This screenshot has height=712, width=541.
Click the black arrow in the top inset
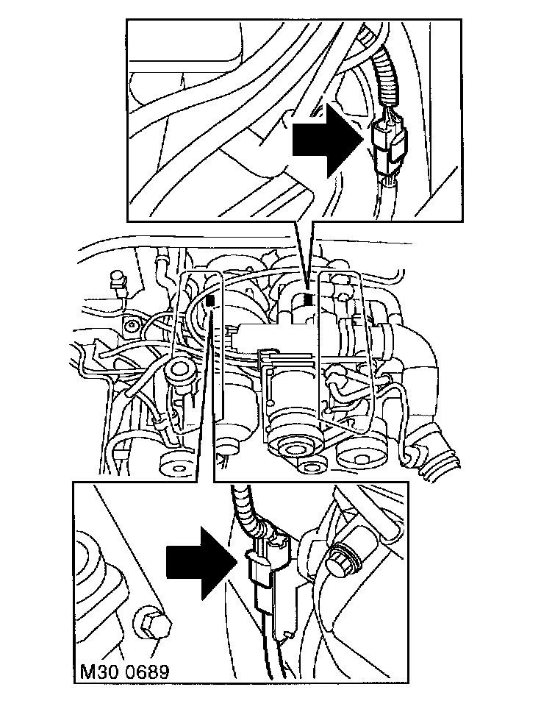[x=324, y=139]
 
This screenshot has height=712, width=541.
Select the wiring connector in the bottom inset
[x=270, y=574]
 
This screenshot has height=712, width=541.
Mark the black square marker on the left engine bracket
[x=211, y=299]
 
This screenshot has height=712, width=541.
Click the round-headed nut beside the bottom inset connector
[x=344, y=563]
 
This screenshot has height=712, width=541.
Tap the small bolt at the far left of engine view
[x=132, y=326]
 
